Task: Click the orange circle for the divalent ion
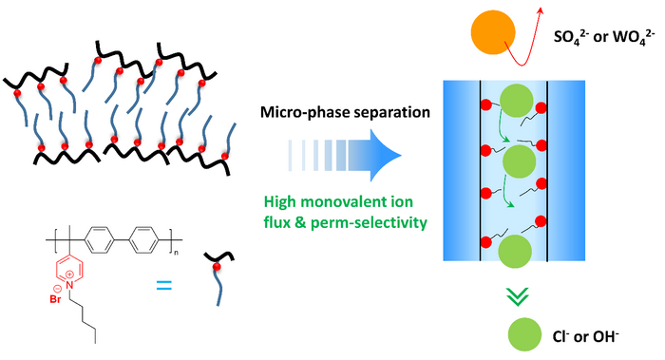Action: (x=493, y=32)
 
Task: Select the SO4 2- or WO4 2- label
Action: (x=601, y=37)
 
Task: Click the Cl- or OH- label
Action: (x=586, y=336)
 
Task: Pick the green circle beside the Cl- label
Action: (x=524, y=334)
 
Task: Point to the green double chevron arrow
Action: (x=518, y=296)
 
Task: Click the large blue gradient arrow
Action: (x=344, y=155)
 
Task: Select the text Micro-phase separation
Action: (x=345, y=112)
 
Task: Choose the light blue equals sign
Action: (x=164, y=285)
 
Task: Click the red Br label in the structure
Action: (x=55, y=299)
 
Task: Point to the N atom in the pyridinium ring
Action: (x=70, y=285)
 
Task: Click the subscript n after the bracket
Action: (x=176, y=253)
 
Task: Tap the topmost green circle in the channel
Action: (x=516, y=101)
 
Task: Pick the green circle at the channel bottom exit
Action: (x=515, y=251)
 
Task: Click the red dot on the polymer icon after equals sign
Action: (x=217, y=266)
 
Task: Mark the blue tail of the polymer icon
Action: (x=219, y=288)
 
